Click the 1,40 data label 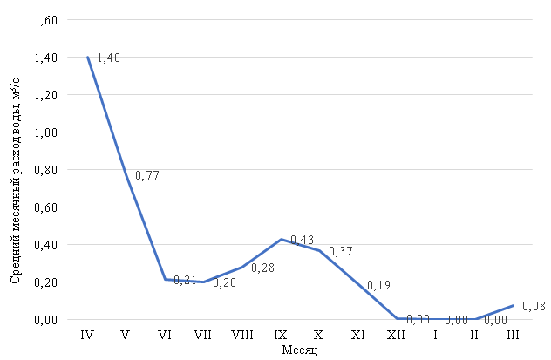pos(108,58)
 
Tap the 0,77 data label pos(147,175)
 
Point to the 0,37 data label pos(341,251)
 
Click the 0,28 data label pos(263,268)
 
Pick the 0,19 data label pos(379,285)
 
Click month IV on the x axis pos(87,335)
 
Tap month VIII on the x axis pos(241,335)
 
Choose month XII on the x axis pos(397,335)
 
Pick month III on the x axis pos(513,335)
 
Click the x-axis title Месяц pos(300,350)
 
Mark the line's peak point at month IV pos(87,57)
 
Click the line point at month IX pos(281,239)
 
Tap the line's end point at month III pos(513,305)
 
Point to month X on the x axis pos(319,335)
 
